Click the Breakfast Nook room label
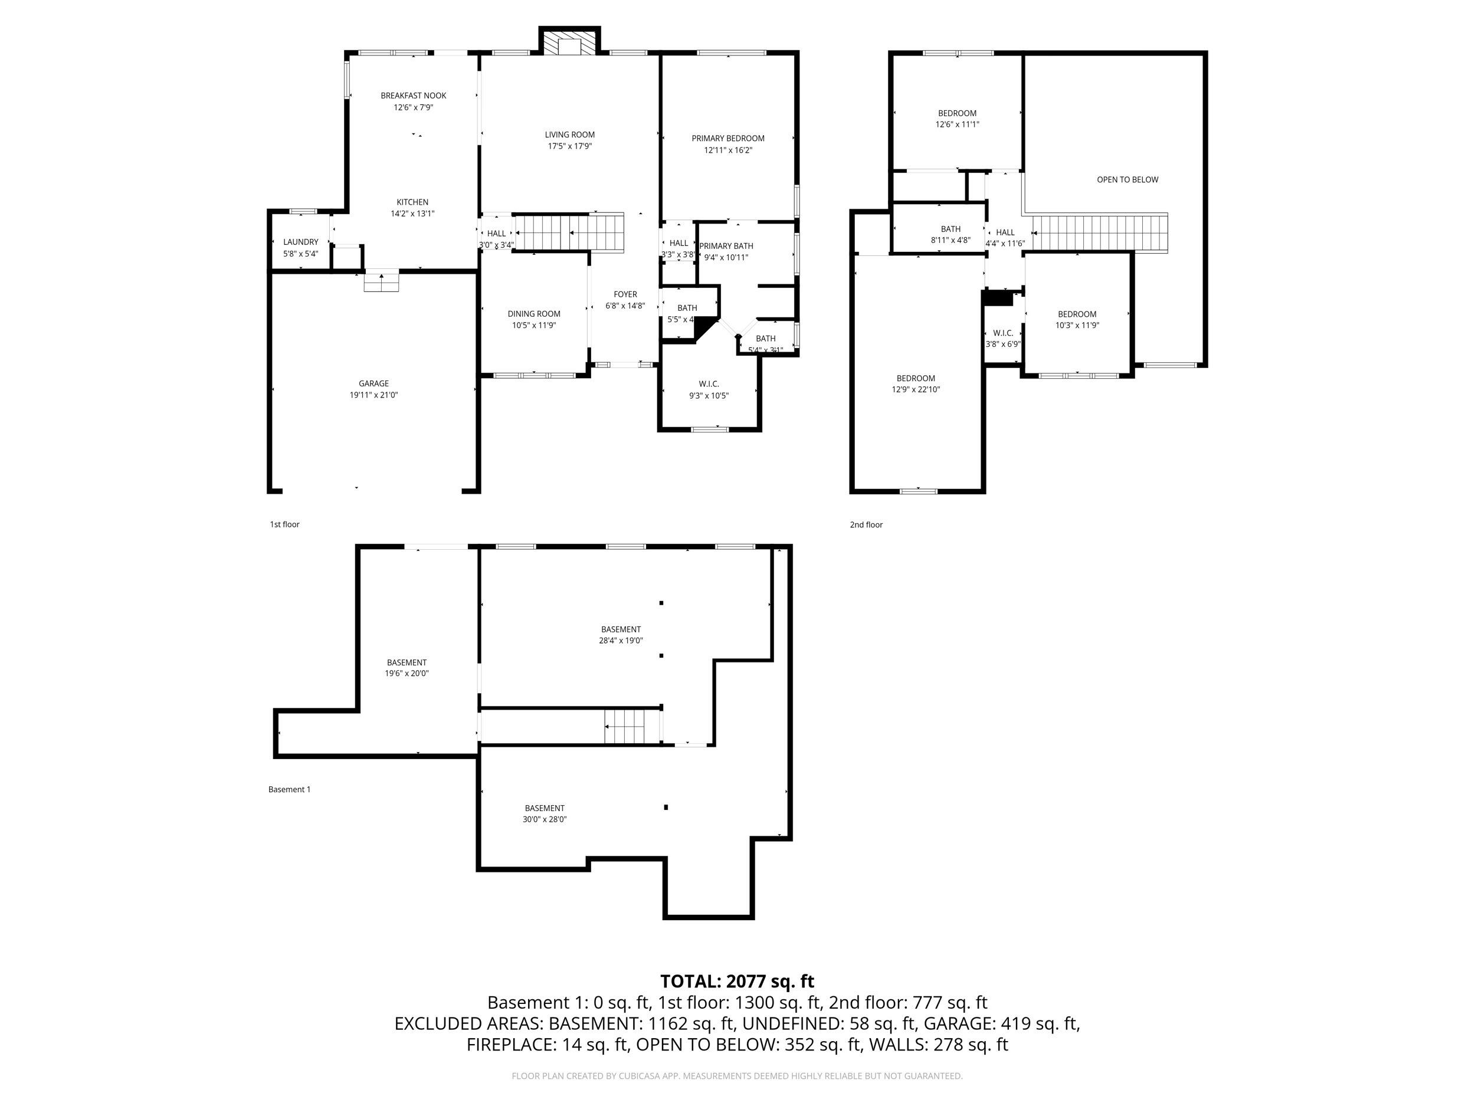[414, 96]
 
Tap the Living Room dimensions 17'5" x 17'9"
[569, 146]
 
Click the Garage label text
[373, 383]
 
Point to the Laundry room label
[301, 242]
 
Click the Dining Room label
[533, 314]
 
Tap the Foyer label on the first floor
[625, 294]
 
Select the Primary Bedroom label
[727, 139]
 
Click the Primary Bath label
[726, 246]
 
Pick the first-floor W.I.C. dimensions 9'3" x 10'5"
[709, 395]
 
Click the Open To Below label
[1127, 179]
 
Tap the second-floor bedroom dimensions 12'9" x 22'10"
[916, 389]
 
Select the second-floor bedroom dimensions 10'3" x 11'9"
[1077, 326]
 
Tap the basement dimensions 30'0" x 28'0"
[544, 819]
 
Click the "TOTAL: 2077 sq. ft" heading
[737, 982]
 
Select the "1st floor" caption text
[285, 524]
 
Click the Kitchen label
[412, 202]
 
